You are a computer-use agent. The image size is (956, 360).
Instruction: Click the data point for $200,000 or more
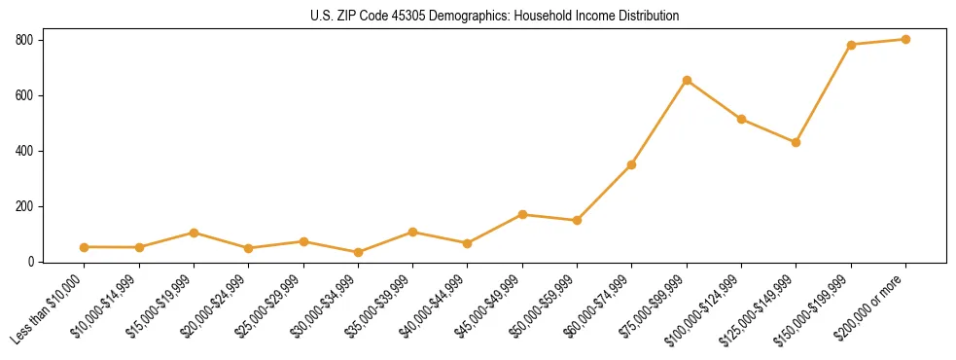pos(905,40)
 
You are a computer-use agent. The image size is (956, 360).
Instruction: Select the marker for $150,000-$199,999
pos(851,45)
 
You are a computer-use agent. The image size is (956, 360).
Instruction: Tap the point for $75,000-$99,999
pos(687,80)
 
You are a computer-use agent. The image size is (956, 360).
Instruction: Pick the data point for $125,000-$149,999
pos(796,142)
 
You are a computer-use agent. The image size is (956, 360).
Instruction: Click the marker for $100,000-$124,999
pos(741,120)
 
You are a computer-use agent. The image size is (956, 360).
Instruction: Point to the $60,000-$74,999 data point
pos(632,164)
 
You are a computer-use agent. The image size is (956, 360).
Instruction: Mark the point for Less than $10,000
pos(84,247)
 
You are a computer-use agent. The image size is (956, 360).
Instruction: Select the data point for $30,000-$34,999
pos(358,252)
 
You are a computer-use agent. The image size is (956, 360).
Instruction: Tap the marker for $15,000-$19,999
pos(194,233)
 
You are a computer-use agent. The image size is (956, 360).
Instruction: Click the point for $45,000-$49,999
pos(522,214)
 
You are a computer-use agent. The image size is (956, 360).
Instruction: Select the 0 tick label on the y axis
pos(31,262)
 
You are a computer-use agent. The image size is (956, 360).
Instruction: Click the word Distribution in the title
pos(649,17)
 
